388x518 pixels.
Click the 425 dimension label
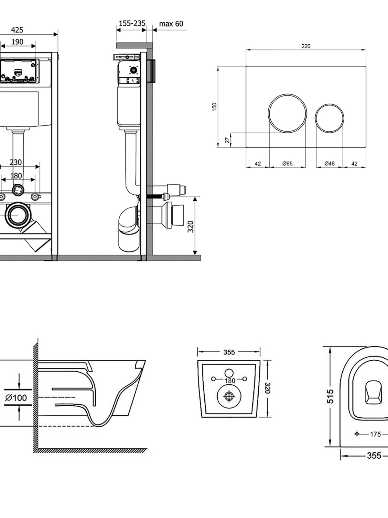point(17,30)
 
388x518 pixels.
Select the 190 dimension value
point(17,42)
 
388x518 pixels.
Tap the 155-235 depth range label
point(132,23)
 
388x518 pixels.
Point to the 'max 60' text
point(171,24)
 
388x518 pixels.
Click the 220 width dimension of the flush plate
point(306,46)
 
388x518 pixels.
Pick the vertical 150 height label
point(214,107)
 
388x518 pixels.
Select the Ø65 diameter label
point(287,163)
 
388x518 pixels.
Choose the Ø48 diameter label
point(329,163)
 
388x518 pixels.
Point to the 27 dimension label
point(228,140)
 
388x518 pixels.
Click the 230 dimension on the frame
point(16,163)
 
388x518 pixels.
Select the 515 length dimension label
point(330,397)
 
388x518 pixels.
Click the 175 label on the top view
point(375,434)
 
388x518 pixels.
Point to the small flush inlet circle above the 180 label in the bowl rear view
point(229,373)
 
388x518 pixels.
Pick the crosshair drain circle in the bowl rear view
point(229,396)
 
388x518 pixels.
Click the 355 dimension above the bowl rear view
point(229,352)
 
